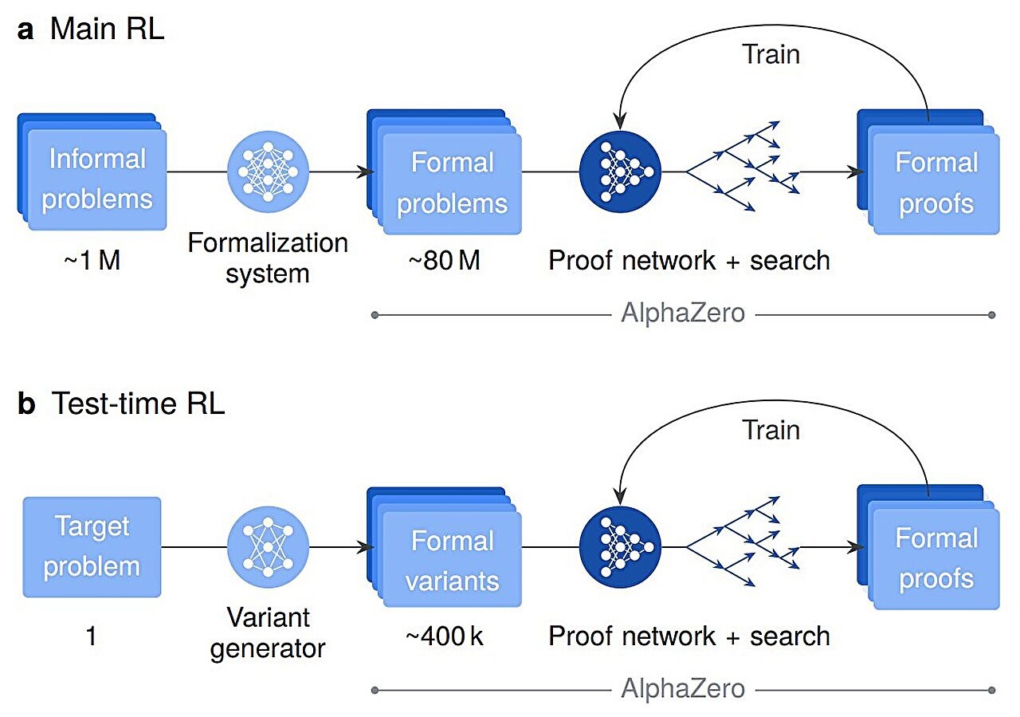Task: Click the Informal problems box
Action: (96, 179)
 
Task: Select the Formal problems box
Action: (451, 183)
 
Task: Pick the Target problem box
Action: (92, 547)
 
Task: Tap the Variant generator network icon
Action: (268, 547)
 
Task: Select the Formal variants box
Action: (451, 561)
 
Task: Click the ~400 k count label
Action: (445, 636)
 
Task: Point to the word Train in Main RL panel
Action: (771, 54)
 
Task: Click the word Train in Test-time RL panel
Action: (771, 431)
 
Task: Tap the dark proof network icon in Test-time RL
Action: (621, 547)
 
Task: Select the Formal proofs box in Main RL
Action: (935, 183)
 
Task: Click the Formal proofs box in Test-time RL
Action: (935, 558)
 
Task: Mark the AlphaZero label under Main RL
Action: (683, 313)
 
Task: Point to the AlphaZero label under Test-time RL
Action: (683, 689)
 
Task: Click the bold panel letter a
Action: (26, 30)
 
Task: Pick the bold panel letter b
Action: (27, 404)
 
